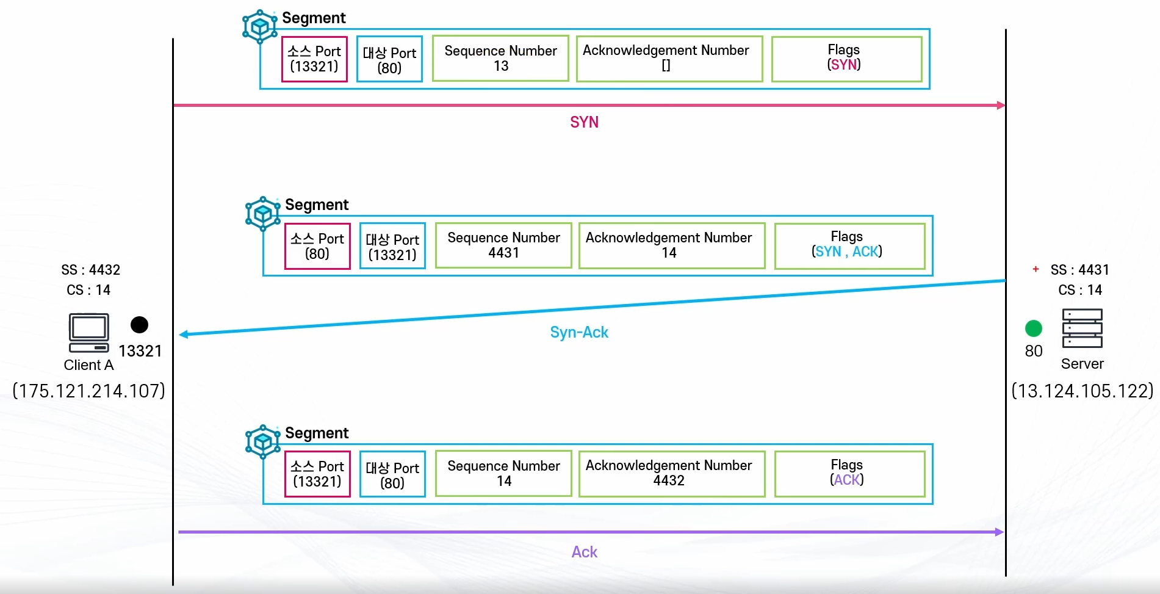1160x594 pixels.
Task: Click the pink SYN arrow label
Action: pyautogui.click(x=584, y=122)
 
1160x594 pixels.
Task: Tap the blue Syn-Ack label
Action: pyautogui.click(x=579, y=332)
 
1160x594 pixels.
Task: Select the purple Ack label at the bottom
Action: pyautogui.click(x=584, y=552)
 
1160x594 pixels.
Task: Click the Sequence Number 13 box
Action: pyautogui.click(x=500, y=59)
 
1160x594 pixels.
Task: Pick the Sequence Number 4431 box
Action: pyautogui.click(x=503, y=245)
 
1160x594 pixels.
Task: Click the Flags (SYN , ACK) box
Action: pyautogui.click(x=849, y=245)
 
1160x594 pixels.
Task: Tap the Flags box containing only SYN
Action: pyautogui.click(x=846, y=59)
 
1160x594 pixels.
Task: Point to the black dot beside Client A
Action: pyautogui.click(x=139, y=325)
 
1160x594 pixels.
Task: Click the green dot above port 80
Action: pyautogui.click(x=1034, y=328)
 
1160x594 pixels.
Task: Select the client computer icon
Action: pyautogui.click(x=89, y=333)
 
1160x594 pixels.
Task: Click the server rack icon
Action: pyautogui.click(x=1082, y=328)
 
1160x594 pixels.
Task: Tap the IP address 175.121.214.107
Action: pyautogui.click(x=89, y=391)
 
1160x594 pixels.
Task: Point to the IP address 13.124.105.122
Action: pyautogui.click(x=1083, y=391)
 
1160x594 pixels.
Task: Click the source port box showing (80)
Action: pyautogui.click(x=317, y=246)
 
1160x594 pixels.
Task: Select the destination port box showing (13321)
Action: pyautogui.click(x=392, y=246)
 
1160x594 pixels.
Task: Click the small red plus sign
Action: pyautogui.click(x=1036, y=269)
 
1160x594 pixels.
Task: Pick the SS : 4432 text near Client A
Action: pyautogui.click(x=91, y=270)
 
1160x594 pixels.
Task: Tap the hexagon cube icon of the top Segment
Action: pyautogui.click(x=260, y=26)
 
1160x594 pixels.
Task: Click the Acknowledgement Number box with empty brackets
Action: pyautogui.click(x=669, y=59)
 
